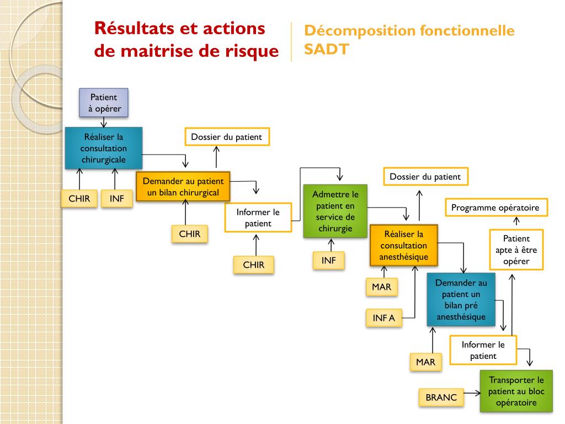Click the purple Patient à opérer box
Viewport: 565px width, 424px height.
pyautogui.click(x=104, y=103)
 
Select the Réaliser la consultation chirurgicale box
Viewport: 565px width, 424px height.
pyautogui.click(x=103, y=148)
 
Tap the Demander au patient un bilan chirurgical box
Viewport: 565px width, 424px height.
pyautogui.click(x=183, y=187)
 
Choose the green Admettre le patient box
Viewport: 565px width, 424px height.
pyautogui.click(x=335, y=211)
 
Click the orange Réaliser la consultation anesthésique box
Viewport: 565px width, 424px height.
pyautogui.click(x=403, y=246)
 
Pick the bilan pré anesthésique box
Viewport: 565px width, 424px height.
pyautogui.click(x=461, y=300)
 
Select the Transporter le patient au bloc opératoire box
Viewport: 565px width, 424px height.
pyautogui.click(x=516, y=391)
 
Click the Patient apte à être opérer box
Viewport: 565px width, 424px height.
pyautogui.click(x=516, y=250)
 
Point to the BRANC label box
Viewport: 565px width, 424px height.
pyautogui.click(x=441, y=397)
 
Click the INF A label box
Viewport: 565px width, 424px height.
pyautogui.click(x=383, y=318)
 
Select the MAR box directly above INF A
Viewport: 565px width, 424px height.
pyautogui.click(x=381, y=287)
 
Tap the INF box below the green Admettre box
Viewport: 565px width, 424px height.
pyautogui.click(x=328, y=260)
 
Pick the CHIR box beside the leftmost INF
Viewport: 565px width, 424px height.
pyautogui.click(x=79, y=199)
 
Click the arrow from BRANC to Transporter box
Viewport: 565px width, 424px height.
pyautogui.click(x=471, y=394)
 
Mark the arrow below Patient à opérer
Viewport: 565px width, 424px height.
pyautogui.click(x=104, y=122)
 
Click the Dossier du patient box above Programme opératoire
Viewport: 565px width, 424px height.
pyautogui.click(x=425, y=177)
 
